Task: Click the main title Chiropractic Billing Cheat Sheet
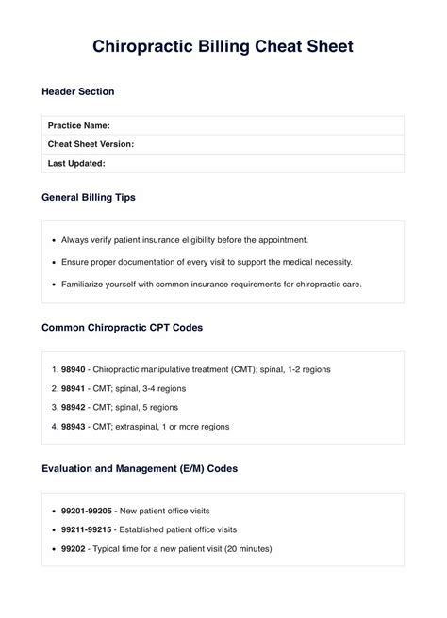[223, 46]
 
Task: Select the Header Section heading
[78, 91]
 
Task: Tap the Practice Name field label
[79, 125]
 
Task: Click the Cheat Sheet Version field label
[91, 144]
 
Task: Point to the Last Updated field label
[76, 163]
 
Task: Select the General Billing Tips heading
[89, 198]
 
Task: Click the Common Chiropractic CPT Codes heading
[122, 328]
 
